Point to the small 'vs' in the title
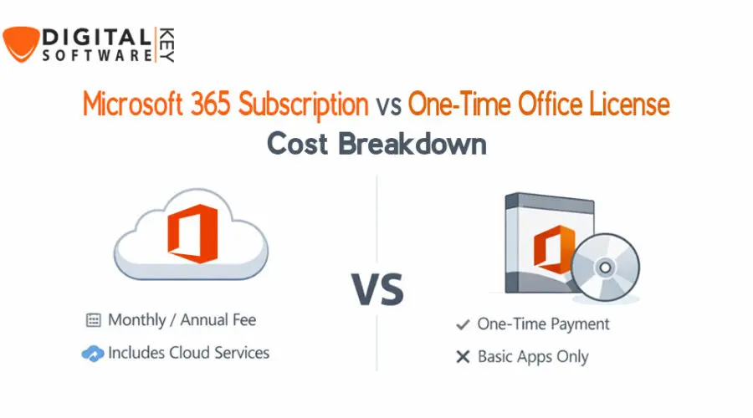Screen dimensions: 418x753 389,106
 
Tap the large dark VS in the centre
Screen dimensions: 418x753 376,288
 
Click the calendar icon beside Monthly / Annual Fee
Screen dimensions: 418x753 93,320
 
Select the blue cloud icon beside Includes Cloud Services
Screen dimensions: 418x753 92,354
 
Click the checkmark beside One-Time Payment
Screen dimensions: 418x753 462,324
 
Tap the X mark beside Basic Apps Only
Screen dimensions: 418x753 462,357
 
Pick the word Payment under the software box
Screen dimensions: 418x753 578,324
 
